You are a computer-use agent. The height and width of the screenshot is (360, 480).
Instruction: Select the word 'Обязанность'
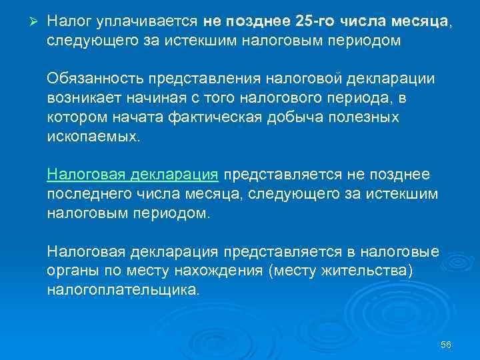(x=93, y=79)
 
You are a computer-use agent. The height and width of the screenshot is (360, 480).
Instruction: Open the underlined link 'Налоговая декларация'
(x=133, y=175)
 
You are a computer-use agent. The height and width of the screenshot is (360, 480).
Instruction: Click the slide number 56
(x=447, y=345)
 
